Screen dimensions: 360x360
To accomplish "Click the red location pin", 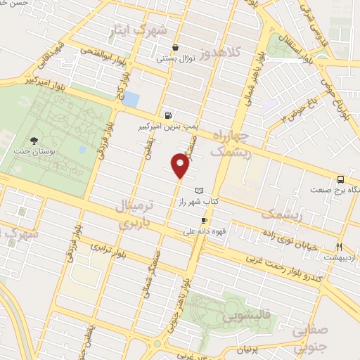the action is pos(181,166).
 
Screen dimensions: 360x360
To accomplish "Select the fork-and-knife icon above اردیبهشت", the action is pos(340,246).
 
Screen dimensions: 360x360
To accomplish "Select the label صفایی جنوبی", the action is pos(308,337).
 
